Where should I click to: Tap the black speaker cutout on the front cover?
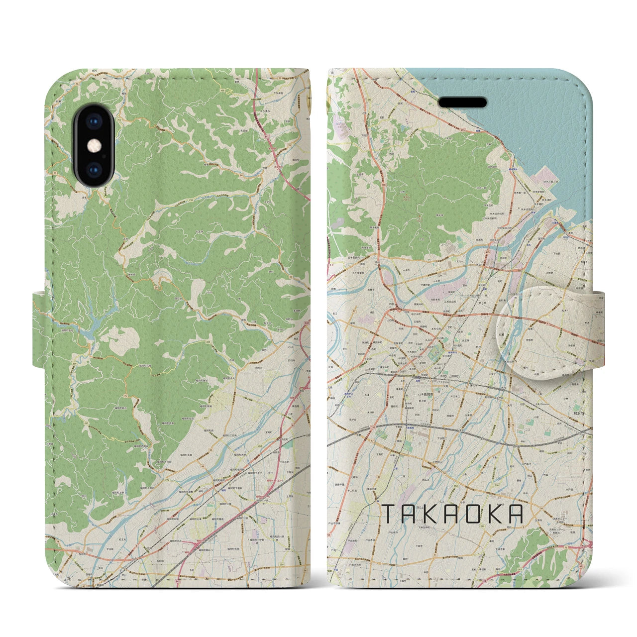462,102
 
